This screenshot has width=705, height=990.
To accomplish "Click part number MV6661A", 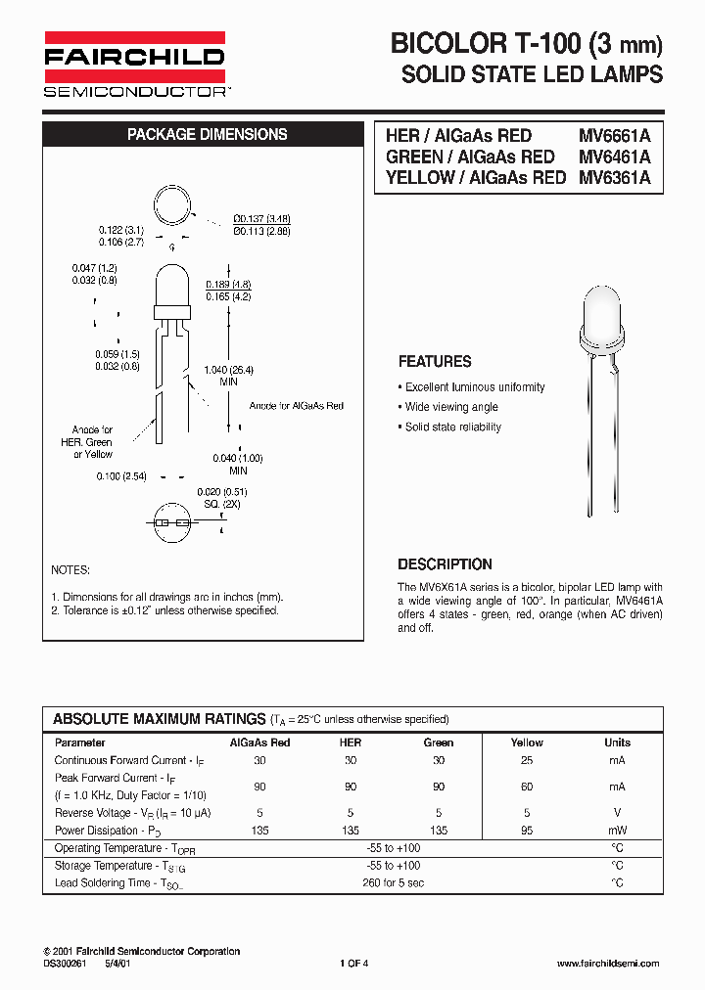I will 614,136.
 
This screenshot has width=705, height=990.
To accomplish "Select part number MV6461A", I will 614,157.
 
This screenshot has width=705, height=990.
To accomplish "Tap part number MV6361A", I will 614,178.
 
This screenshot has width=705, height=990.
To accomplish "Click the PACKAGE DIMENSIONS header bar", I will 207,135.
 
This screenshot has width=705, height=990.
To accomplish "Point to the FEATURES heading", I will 435,361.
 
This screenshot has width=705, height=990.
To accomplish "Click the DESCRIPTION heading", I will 445,564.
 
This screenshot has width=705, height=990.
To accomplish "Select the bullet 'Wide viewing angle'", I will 451,407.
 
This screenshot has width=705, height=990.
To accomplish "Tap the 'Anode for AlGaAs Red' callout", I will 296,405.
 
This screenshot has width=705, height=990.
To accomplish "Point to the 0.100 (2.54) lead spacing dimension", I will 121,475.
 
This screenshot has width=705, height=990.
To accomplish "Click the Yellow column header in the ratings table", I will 527,742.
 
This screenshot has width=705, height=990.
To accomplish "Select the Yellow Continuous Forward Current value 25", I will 527,760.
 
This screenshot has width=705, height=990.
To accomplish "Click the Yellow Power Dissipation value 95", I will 527,831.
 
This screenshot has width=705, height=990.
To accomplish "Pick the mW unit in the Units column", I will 617,831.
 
